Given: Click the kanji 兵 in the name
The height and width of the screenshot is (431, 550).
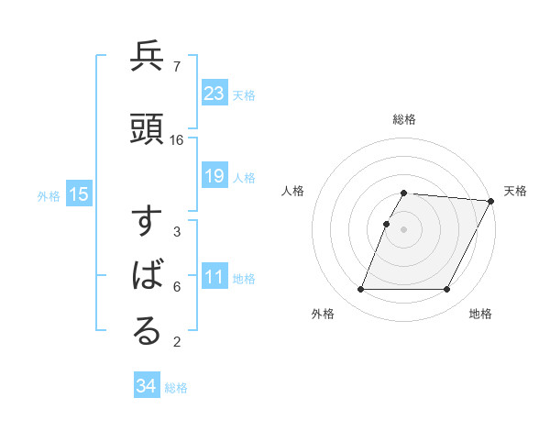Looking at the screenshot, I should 147,58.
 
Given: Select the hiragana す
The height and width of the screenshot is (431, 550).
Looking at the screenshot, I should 147,224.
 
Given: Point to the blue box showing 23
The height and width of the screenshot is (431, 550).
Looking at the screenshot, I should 214,94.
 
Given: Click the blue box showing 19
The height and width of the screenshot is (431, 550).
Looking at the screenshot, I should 214,176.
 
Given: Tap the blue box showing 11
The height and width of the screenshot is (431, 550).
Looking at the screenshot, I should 214,278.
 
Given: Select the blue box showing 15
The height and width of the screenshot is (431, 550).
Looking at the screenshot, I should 79,194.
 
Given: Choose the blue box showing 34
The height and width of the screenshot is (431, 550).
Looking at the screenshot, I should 146,386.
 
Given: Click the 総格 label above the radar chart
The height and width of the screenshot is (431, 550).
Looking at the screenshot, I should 404,119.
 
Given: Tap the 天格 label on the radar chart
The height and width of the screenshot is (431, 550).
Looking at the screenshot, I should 515,191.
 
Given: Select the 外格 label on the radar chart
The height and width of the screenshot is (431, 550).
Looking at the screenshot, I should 323,314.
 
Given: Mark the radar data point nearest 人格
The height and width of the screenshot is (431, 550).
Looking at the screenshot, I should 387,224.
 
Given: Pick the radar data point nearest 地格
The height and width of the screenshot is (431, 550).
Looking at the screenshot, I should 447,290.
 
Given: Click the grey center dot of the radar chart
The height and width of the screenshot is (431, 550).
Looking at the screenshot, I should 404,229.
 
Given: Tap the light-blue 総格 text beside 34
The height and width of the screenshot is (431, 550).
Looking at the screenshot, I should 176,388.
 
